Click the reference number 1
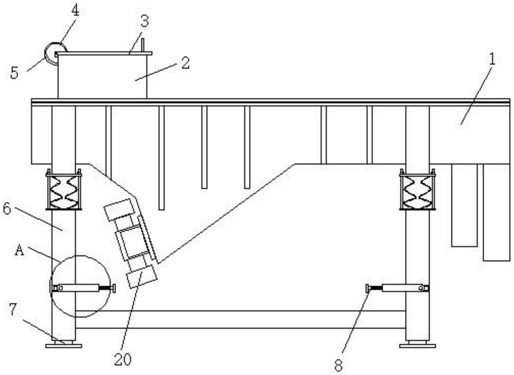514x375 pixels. (492, 60)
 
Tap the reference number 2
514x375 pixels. (185, 63)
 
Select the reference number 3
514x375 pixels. (144, 22)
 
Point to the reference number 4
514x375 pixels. (75, 11)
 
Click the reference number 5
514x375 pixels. (14, 73)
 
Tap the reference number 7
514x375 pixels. (12, 309)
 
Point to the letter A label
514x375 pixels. (20, 251)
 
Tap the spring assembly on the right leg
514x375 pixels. (417, 191)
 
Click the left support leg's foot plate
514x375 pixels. (63, 345)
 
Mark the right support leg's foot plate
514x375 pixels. (417, 345)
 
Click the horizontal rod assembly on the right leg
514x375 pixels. (398, 288)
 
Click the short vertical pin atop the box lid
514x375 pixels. (142, 45)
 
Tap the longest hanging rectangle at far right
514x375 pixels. (496, 212)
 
